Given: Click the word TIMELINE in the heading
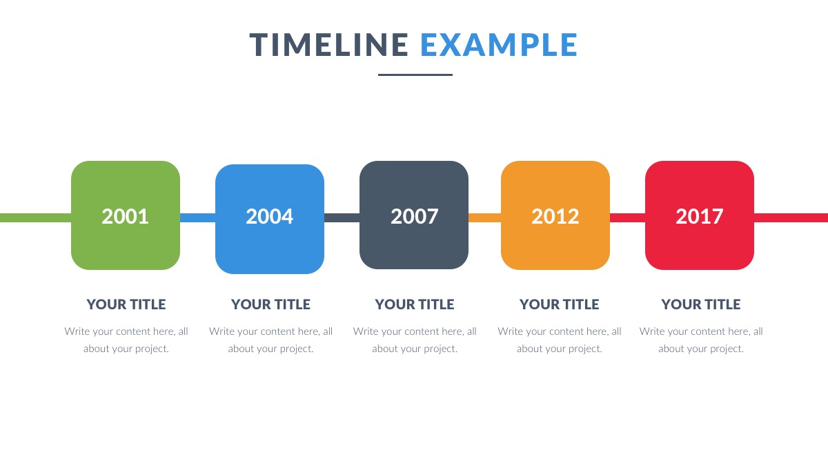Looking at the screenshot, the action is [328, 45].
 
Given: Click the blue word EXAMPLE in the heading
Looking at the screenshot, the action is [499, 45].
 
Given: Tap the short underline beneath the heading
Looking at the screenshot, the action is [415, 75].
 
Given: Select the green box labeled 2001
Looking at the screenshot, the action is [126, 215].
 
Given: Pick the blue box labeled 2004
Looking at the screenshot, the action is [270, 219].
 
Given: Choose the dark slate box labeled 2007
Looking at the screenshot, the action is [414, 215].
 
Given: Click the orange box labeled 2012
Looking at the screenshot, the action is [555, 215].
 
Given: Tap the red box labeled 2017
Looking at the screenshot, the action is [700, 215].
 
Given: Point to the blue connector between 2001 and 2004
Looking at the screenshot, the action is [198, 218].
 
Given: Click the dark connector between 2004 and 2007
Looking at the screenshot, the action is [342, 218].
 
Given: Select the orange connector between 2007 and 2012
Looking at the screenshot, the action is [484, 218].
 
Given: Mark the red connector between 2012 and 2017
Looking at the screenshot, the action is [628, 218].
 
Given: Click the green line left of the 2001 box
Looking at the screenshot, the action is [35, 218].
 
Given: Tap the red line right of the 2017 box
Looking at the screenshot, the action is [791, 218].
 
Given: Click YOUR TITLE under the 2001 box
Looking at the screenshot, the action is [126, 304].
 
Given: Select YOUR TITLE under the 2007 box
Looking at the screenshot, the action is [415, 304].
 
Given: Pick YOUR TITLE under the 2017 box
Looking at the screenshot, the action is [701, 304].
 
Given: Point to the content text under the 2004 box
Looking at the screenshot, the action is [270, 340].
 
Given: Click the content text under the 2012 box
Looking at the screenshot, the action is [560, 340].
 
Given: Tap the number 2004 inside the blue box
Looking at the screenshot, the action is [270, 216].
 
